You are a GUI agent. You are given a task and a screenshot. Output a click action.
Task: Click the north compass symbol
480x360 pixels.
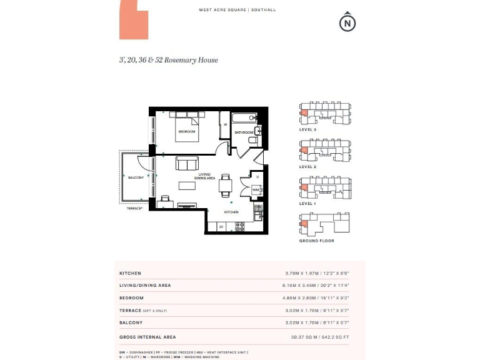coord(347,23)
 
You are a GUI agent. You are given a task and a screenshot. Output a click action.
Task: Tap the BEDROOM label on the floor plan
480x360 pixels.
coord(187,132)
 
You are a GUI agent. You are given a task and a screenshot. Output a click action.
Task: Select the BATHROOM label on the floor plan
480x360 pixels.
coord(244,132)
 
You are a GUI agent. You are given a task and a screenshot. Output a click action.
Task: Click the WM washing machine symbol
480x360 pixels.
coord(256,189)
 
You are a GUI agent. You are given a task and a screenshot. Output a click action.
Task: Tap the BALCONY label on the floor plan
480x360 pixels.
coord(136,177)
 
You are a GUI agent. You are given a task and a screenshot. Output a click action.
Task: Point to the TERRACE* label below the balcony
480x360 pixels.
coord(135,208)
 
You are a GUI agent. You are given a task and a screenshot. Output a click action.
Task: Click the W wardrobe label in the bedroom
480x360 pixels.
coord(225,124)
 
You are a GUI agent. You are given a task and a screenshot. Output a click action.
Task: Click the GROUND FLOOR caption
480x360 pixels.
coord(316,241)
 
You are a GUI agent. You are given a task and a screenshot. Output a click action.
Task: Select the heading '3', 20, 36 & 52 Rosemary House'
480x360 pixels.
coord(169,60)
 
